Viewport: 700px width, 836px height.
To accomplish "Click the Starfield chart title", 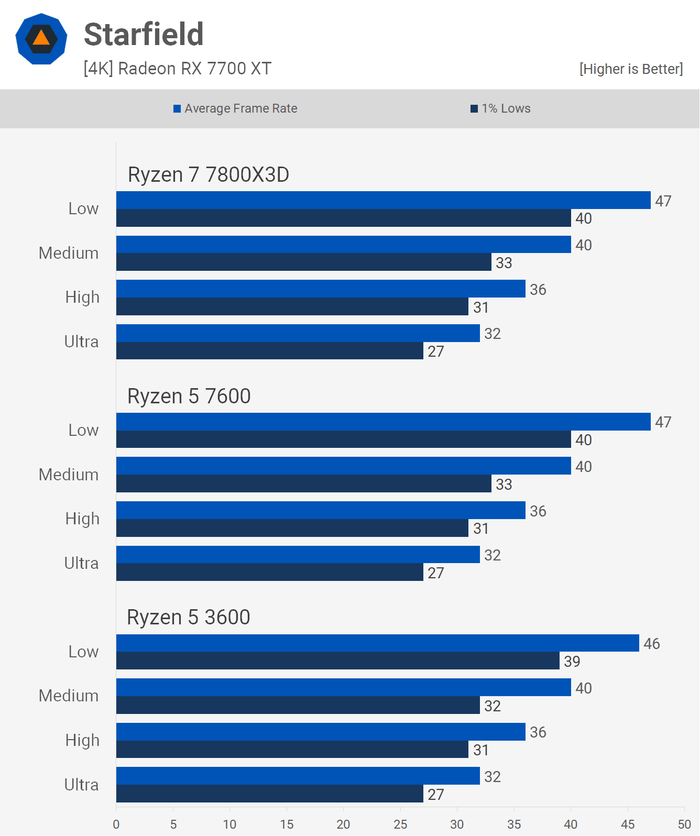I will coord(144,35).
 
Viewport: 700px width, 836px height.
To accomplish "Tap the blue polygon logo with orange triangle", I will coord(41,39).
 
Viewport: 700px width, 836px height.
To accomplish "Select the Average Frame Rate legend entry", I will coord(235,108).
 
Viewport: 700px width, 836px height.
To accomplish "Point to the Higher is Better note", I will coord(631,69).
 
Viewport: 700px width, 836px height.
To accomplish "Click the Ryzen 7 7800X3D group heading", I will coord(209,175).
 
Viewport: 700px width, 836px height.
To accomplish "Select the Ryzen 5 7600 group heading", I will coord(189,397).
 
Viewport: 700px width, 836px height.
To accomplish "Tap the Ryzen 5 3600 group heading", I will coord(189,618).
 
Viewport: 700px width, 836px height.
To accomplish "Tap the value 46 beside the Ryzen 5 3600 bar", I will coord(652,644).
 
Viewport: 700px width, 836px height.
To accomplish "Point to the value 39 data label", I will coord(572,662).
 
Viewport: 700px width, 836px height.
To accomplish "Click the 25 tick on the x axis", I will coord(400,824).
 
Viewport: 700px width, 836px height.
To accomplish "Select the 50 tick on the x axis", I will coord(684,824).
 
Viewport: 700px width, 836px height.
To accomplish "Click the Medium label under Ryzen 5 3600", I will coord(69,696).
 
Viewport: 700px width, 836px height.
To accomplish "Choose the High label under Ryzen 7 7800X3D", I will coord(82,297).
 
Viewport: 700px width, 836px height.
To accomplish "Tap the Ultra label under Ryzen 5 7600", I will coord(81,563).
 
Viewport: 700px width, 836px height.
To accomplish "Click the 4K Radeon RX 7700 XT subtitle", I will coord(178,69).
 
